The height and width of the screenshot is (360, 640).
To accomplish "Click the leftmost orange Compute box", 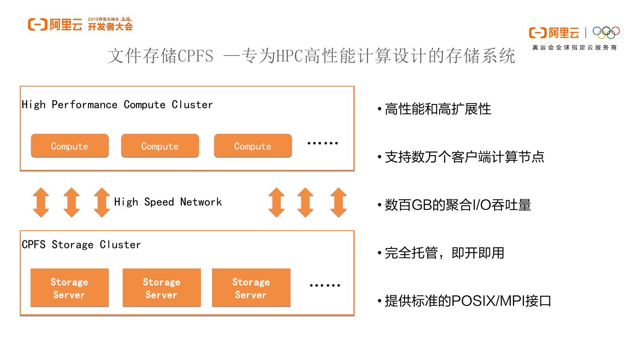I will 69,146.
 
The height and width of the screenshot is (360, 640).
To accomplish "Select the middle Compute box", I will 160,146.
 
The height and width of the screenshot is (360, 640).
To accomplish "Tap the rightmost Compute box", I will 252,146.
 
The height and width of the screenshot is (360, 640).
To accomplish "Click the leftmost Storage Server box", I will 69,288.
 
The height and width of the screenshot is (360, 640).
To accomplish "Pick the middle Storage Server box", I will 161,288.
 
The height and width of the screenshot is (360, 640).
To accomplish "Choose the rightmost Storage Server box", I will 251,288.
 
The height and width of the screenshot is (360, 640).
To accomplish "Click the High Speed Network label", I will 168,202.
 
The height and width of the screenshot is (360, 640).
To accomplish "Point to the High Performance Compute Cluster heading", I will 117,104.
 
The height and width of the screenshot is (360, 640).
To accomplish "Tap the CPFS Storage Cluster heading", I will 81,244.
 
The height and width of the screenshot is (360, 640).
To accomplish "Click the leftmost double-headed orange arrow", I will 41,202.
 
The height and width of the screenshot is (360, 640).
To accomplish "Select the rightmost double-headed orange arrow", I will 339,202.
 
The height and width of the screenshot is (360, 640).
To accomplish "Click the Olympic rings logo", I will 606,32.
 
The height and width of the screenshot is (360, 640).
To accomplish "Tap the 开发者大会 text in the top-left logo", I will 110,27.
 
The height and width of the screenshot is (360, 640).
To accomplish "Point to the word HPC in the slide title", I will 290,56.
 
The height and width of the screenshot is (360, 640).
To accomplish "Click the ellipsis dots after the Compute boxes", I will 323,143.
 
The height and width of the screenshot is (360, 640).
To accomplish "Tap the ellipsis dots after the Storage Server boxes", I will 325,285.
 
